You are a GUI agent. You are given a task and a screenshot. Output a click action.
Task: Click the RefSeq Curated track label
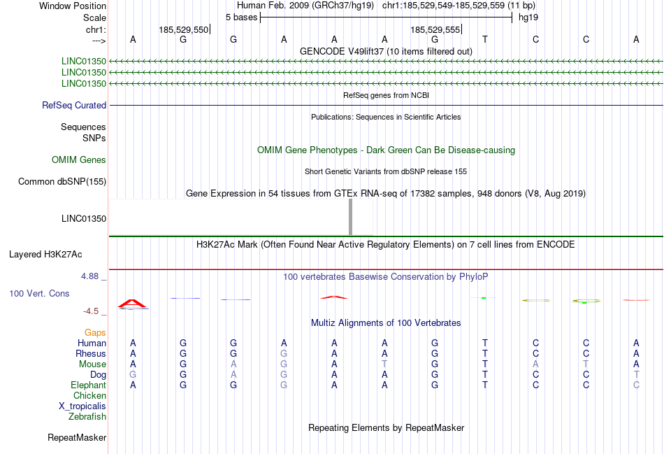(x=74, y=106)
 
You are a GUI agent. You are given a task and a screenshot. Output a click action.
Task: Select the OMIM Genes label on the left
(x=79, y=160)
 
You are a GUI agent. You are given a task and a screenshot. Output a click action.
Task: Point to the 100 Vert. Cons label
(x=39, y=294)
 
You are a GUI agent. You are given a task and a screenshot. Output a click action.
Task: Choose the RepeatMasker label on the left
(x=77, y=438)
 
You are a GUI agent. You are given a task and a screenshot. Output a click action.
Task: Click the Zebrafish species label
(x=87, y=417)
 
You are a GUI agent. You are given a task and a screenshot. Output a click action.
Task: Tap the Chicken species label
(x=89, y=396)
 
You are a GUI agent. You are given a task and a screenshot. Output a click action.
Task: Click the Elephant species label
(x=88, y=385)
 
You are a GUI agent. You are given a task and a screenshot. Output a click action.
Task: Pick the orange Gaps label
(x=95, y=333)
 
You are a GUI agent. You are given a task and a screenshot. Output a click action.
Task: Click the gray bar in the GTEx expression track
(x=350, y=218)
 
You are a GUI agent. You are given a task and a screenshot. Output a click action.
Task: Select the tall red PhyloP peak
(x=132, y=303)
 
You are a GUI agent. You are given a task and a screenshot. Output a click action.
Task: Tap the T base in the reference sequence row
(x=485, y=39)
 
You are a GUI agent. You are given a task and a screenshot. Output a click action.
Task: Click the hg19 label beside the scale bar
(x=528, y=16)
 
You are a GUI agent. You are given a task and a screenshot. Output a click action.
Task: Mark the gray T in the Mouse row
(x=384, y=364)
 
